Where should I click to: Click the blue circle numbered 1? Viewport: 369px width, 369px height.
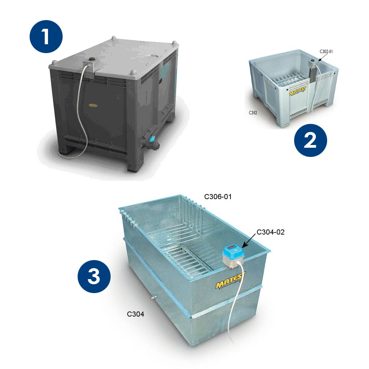[46, 36]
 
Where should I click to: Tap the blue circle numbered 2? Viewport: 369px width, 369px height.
[310, 140]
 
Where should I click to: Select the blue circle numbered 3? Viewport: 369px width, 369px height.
[94, 276]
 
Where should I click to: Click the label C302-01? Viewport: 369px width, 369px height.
[326, 51]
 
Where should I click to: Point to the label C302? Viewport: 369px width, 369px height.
[253, 113]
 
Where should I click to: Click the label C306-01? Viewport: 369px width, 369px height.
[218, 196]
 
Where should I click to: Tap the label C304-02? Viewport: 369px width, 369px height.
[270, 232]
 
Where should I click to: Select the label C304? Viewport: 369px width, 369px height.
[135, 314]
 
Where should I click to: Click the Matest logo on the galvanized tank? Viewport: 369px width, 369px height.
[231, 280]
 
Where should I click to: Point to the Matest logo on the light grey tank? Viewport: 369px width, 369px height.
[298, 91]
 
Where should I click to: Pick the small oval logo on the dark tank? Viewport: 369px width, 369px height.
[93, 106]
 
